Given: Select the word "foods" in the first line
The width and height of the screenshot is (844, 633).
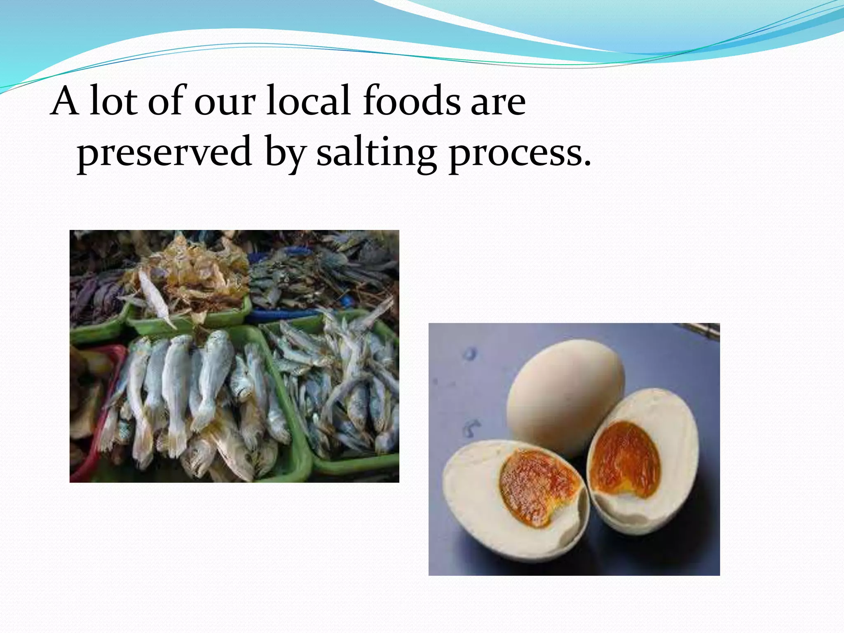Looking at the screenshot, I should tap(411, 101).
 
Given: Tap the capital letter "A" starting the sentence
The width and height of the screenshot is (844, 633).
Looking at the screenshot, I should tap(65, 101).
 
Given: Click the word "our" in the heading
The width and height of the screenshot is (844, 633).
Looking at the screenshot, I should tap(225, 103).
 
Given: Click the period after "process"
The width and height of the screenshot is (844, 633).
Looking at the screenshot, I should tap(586, 163).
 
